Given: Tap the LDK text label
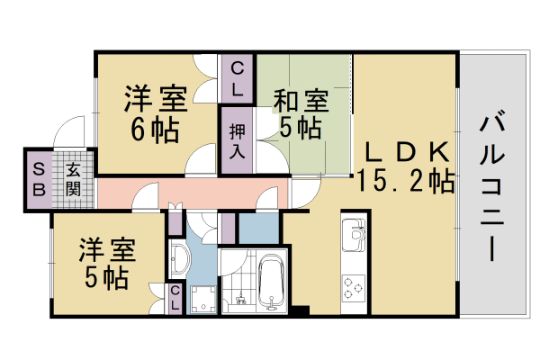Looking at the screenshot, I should (x=404, y=150).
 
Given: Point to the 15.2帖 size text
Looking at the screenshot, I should (x=405, y=180).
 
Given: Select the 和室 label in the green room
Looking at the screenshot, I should (x=300, y=99).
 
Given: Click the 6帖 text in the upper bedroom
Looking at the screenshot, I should (x=154, y=129).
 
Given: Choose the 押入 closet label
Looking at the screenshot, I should (x=236, y=140).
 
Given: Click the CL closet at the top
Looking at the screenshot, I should (x=237, y=78).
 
